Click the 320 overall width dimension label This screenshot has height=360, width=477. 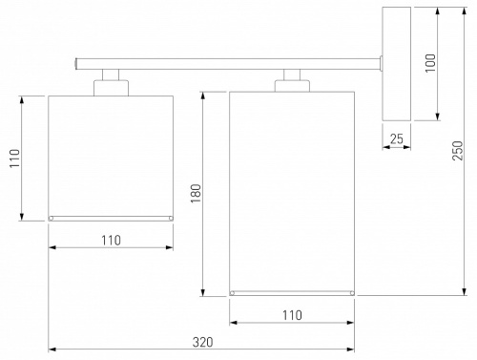point(202,342)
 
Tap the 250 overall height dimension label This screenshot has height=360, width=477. point(458,151)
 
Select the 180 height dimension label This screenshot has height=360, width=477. point(196,193)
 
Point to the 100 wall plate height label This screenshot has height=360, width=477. point(430,63)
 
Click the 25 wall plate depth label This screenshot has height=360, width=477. point(397,138)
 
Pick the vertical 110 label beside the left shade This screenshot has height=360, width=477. point(14,159)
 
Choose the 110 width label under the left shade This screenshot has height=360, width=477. point(111,241)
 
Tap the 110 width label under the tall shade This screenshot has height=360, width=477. point(292,315)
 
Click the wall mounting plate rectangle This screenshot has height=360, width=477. point(396,64)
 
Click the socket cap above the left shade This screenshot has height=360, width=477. point(111,88)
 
